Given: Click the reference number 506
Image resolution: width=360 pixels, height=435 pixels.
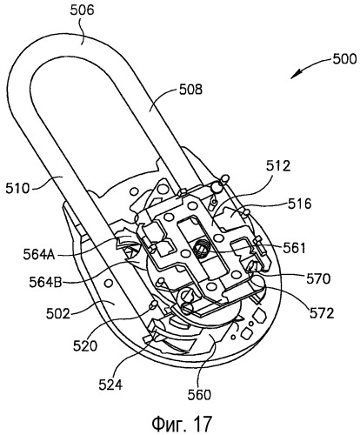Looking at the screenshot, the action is [x=83, y=10].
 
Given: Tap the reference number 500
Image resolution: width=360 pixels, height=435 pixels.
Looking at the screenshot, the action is [x=344, y=59].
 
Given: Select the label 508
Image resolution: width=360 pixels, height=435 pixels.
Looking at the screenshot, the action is [x=190, y=90].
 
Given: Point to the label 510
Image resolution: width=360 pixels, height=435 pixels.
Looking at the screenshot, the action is [x=17, y=189].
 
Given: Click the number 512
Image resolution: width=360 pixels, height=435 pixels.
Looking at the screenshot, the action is [x=278, y=166].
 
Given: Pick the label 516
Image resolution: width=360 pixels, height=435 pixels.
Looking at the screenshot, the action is [x=299, y=204].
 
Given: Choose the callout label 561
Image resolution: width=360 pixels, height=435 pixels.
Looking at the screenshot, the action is [x=294, y=249].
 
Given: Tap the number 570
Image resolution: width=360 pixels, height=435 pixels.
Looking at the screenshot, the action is [x=318, y=278].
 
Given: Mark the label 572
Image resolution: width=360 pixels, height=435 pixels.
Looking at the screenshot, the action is [x=322, y=313].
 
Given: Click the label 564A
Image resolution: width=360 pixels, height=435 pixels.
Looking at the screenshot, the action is [x=40, y=254].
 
